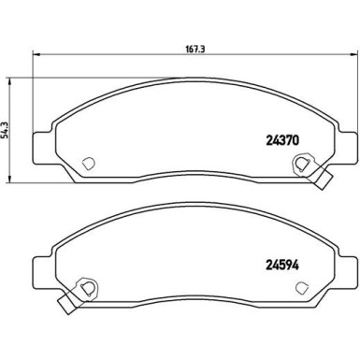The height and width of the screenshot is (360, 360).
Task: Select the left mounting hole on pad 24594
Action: tap(86, 287)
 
